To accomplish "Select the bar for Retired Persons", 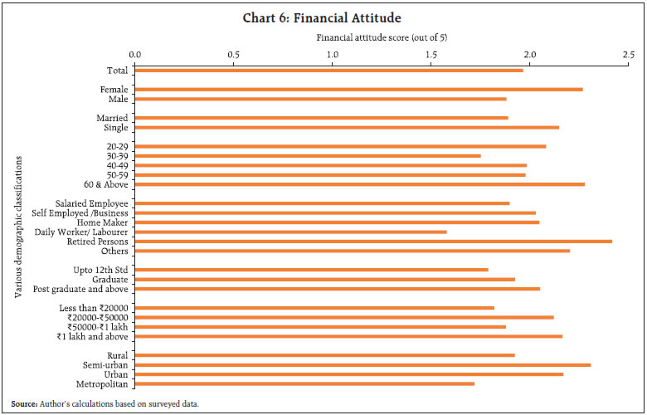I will (373, 242).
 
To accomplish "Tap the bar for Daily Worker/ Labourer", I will (290, 232).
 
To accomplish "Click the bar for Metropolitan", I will (304, 383).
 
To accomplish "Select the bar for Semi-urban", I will (362, 364).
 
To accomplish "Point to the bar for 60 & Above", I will (360, 184).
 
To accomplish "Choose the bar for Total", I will (328, 71).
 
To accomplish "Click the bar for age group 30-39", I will (308, 156).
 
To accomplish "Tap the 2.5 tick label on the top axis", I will (626, 54).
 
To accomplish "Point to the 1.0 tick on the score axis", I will (333, 54).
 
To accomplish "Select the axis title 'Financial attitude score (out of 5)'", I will (382, 37).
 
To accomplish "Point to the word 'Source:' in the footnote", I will (25, 403).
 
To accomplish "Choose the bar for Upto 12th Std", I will (311, 270).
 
